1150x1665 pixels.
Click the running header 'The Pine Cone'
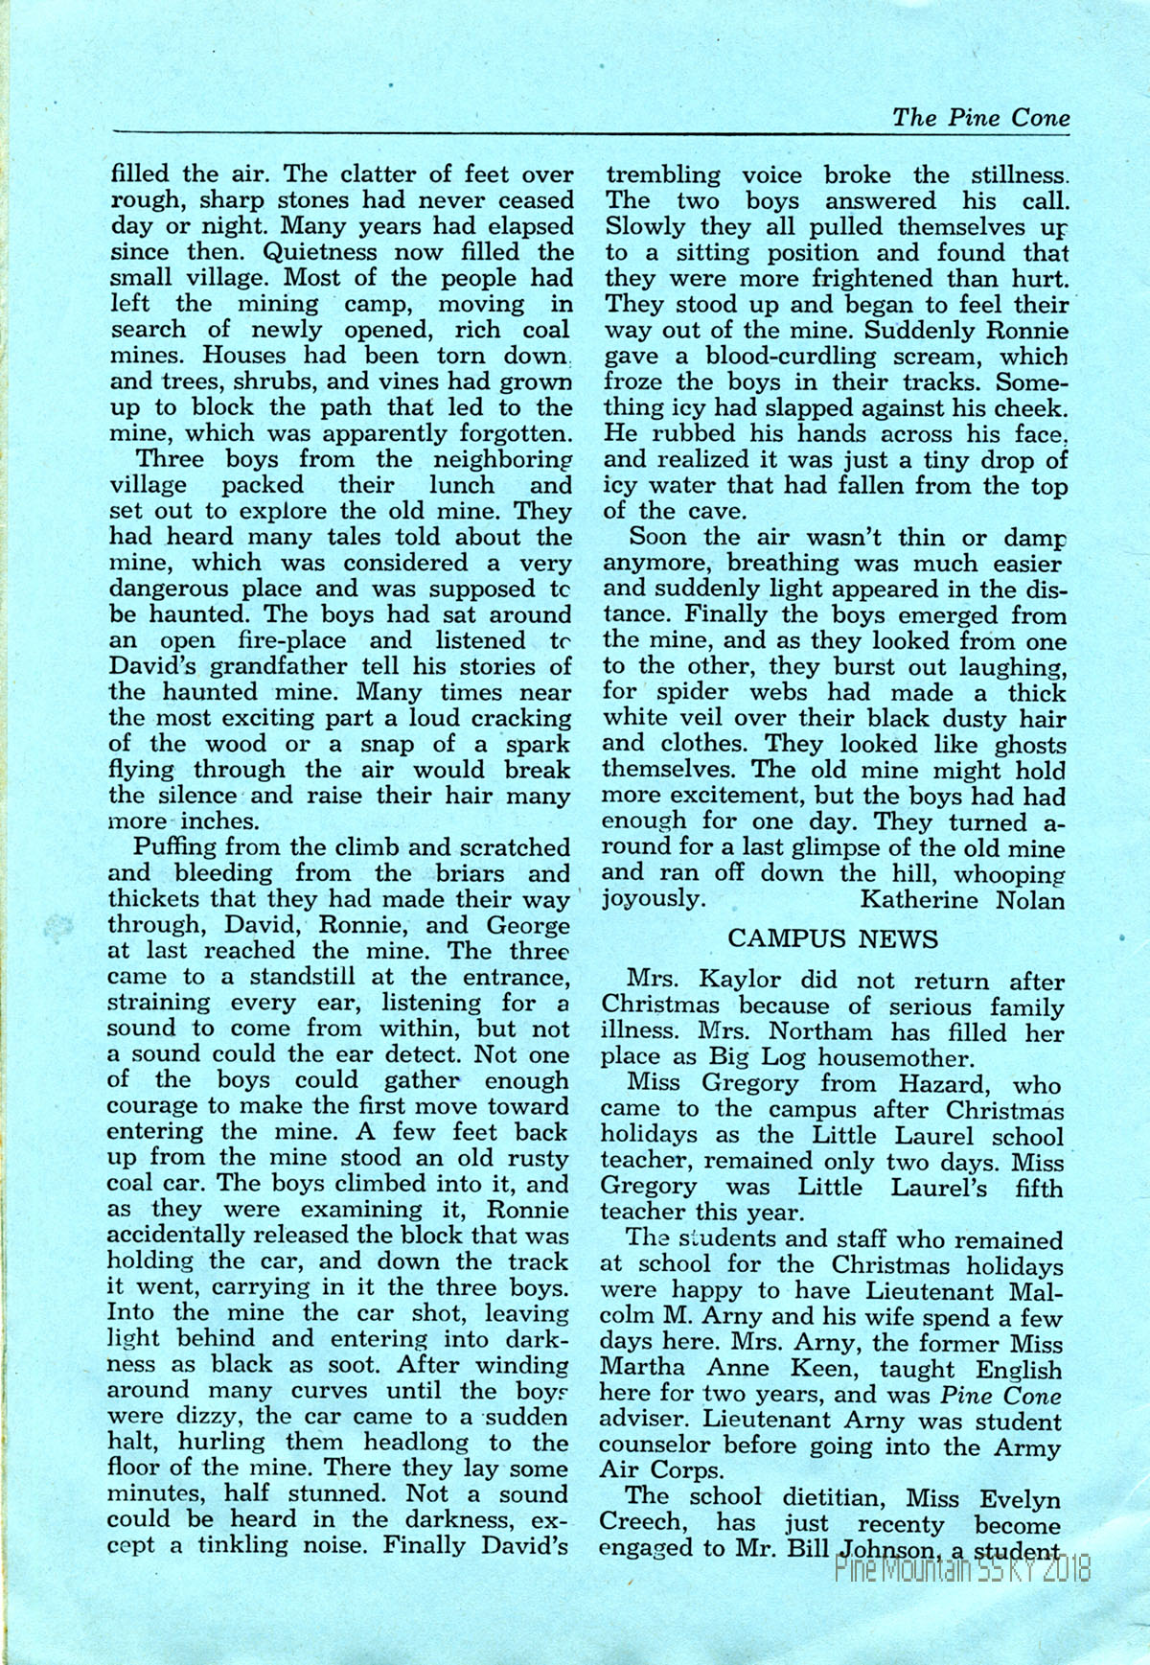980,117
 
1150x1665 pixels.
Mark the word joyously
651,899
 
